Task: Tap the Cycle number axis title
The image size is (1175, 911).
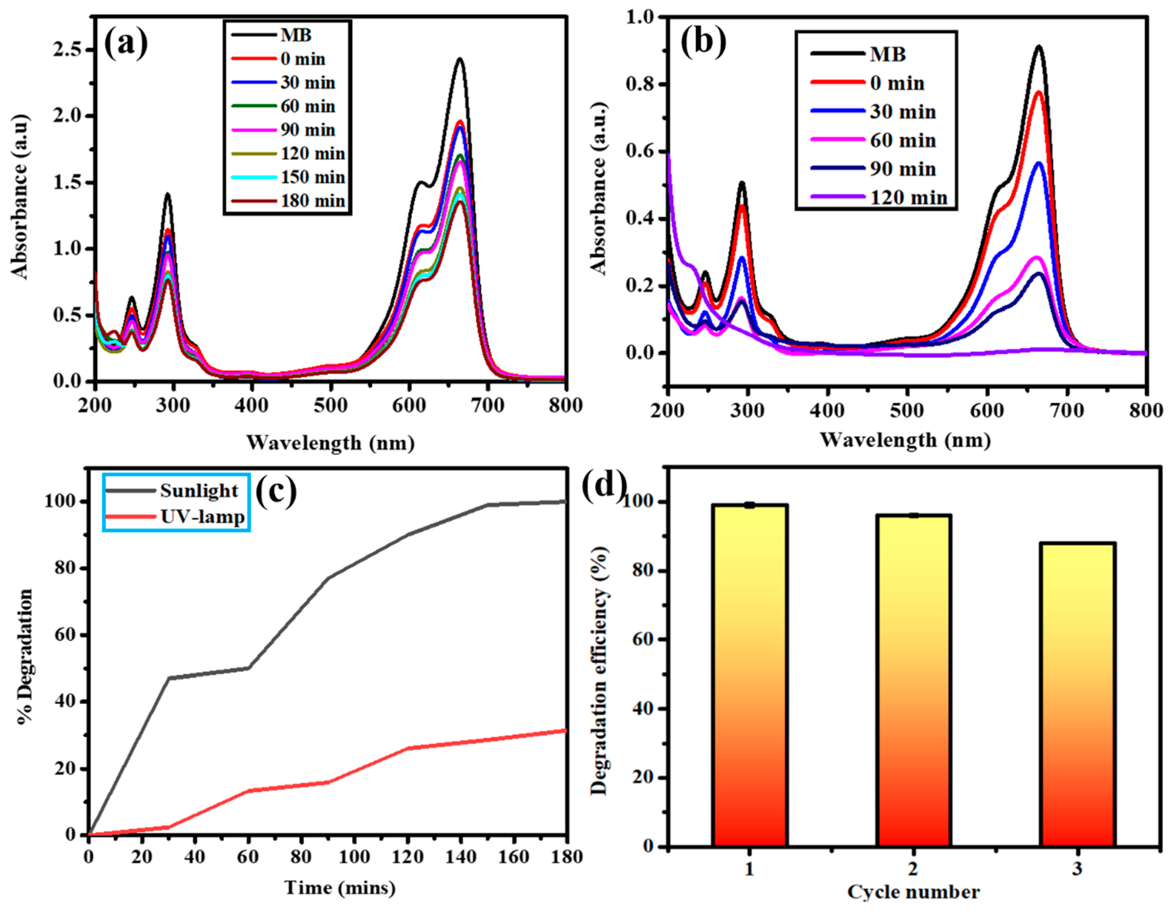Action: click(913, 892)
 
